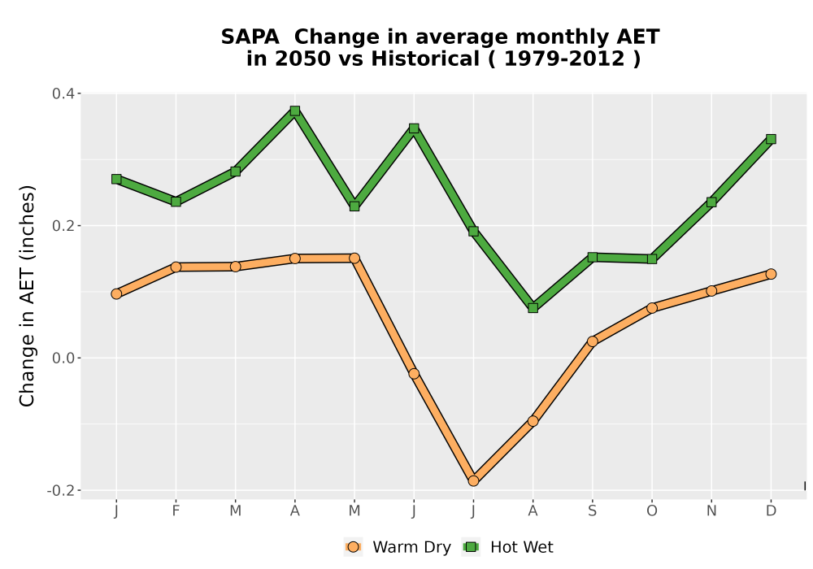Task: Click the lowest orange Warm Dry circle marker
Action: click(x=473, y=481)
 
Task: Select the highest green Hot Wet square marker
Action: click(x=295, y=111)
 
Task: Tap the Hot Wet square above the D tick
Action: click(x=771, y=139)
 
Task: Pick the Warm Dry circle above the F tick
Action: click(x=176, y=267)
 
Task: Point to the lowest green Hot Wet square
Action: click(x=533, y=308)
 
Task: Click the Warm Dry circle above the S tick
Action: click(x=593, y=341)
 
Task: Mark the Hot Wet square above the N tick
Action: click(x=711, y=202)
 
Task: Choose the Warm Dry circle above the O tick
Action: click(x=652, y=308)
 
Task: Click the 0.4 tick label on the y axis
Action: click(x=63, y=93)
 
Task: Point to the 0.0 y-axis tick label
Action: click(x=63, y=358)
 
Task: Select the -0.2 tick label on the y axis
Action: click(x=61, y=490)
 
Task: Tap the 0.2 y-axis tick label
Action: click(x=63, y=226)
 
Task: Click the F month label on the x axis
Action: click(x=176, y=511)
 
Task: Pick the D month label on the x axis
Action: click(x=771, y=511)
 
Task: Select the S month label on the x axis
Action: click(x=593, y=511)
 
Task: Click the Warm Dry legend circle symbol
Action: click(x=353, y=547)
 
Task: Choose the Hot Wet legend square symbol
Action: click(x=472, y=547)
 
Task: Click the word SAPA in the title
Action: click(x=250, y=37)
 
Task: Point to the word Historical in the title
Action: click(x=425, y=59)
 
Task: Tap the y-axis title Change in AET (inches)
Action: click(x=27, y=296)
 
